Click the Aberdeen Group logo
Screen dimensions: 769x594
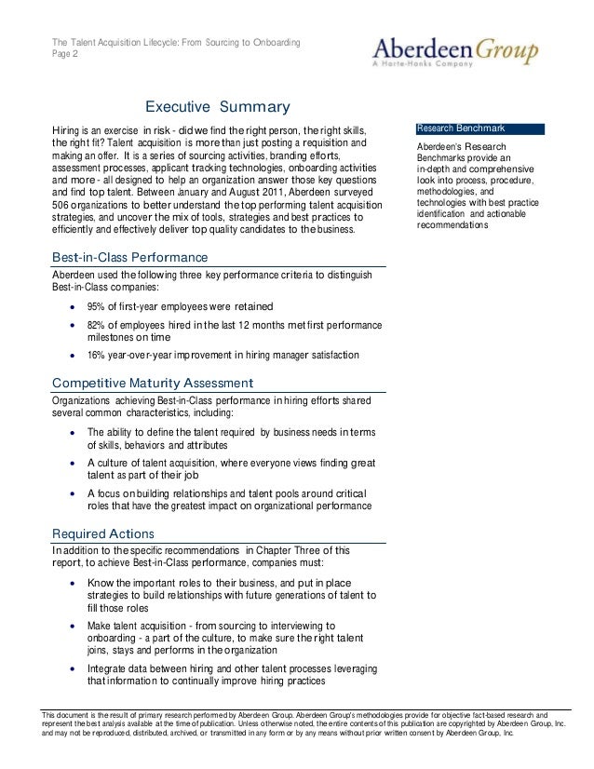(x=454, y=49)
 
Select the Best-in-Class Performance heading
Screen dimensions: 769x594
(x=128, y=257)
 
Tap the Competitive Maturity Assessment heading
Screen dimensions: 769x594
(x=152, y=383)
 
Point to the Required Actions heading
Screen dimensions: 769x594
(x=103, y=533)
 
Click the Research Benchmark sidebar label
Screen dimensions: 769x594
(x=461, y=127)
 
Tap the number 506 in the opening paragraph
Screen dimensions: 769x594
(x=61, y=204)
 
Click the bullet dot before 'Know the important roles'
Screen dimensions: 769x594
(x=73, y=583)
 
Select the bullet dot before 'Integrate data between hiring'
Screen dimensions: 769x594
(x=73, y=669)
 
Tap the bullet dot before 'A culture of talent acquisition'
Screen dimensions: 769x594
(x=73, y=463)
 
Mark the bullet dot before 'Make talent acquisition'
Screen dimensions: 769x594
(x=73, y=627)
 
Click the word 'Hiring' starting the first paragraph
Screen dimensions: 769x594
(x=65, y=128)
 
